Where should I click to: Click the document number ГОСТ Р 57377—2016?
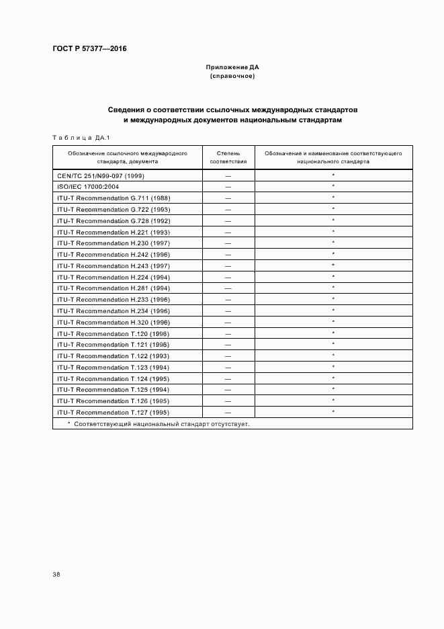point(89,49)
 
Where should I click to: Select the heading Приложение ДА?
point(232,67)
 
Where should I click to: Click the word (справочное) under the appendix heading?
point(232,77)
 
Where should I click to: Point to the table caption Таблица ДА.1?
point(81,138)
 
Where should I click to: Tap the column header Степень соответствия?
point(228,157)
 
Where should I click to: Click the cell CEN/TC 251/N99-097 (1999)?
point(101,175)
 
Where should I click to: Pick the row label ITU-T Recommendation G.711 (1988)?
point(114,198)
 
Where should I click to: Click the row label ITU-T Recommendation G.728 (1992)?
point(114,221)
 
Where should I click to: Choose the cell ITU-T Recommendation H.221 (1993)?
point(114,232)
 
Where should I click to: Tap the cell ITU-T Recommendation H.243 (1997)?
point(114,266)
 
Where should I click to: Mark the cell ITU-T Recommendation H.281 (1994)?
point(114,288)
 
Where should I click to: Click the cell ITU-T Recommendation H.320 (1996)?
point(114,323)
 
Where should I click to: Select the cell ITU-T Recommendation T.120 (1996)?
point(114,334)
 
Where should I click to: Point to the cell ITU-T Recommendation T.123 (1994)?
point(114,368)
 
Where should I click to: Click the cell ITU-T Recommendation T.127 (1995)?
point(114,413)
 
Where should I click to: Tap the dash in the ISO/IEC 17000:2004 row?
point(228,187)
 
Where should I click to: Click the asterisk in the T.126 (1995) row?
point(333,401)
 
